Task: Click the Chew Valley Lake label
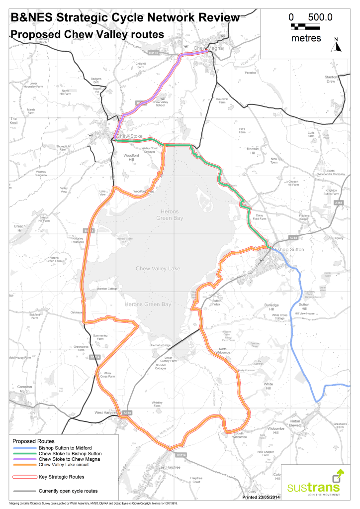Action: click(158, 269)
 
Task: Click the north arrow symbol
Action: click(337, 46)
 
